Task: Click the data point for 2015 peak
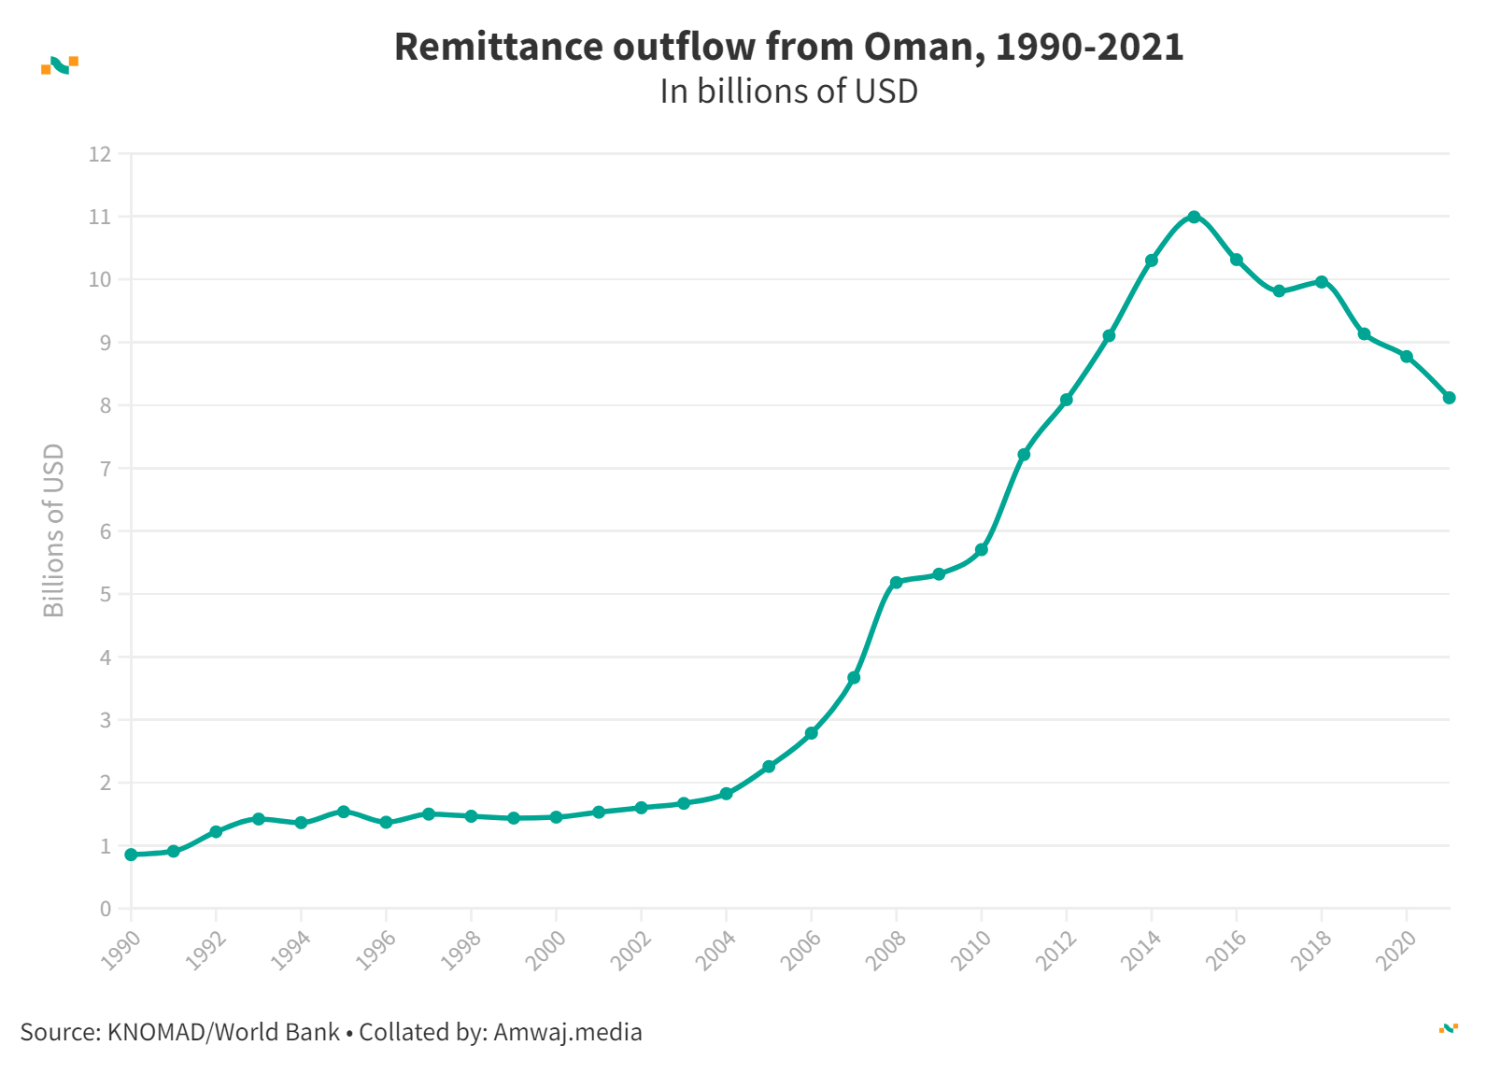click(x=1194, y=217)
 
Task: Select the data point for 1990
click(x=131, y=855)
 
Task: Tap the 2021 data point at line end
click(x=1449, y=398)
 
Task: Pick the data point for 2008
click(x=897, y=582)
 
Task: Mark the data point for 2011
click(x=1024, y=455)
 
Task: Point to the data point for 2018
click(x=1322, y=281)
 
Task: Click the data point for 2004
click(x=726, y=794)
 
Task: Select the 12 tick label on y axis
click(x=100, y=154)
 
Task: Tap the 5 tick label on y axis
click(x=106, y=595)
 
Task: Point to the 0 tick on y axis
click(x=106, y=909)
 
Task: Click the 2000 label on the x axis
click(x=547, y=951)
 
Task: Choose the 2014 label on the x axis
click(x=1142, y=951)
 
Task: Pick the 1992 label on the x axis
click(x=207, y=951)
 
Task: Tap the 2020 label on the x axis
click(x=1397, y=951)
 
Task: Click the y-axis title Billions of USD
click(x=54, y=530)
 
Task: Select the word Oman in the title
click(x=919, y=47)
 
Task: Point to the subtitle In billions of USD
click(x=788, y=92)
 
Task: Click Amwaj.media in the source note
click(x=567, y=1032)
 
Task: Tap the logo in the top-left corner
click(x=60, y=64)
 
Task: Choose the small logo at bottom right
click(x=1448, y=1028)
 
